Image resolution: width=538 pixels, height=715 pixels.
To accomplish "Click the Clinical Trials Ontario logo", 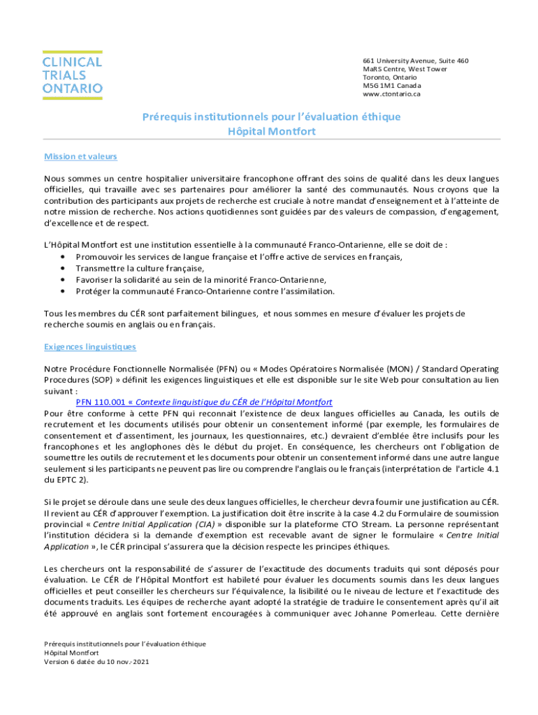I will tap(73, 73).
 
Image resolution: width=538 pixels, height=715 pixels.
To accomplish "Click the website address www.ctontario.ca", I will tap(391, 94).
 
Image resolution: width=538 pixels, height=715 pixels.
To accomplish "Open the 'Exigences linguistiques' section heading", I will tap(90, 346).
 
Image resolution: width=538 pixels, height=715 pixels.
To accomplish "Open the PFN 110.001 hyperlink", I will tap(203, 402).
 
